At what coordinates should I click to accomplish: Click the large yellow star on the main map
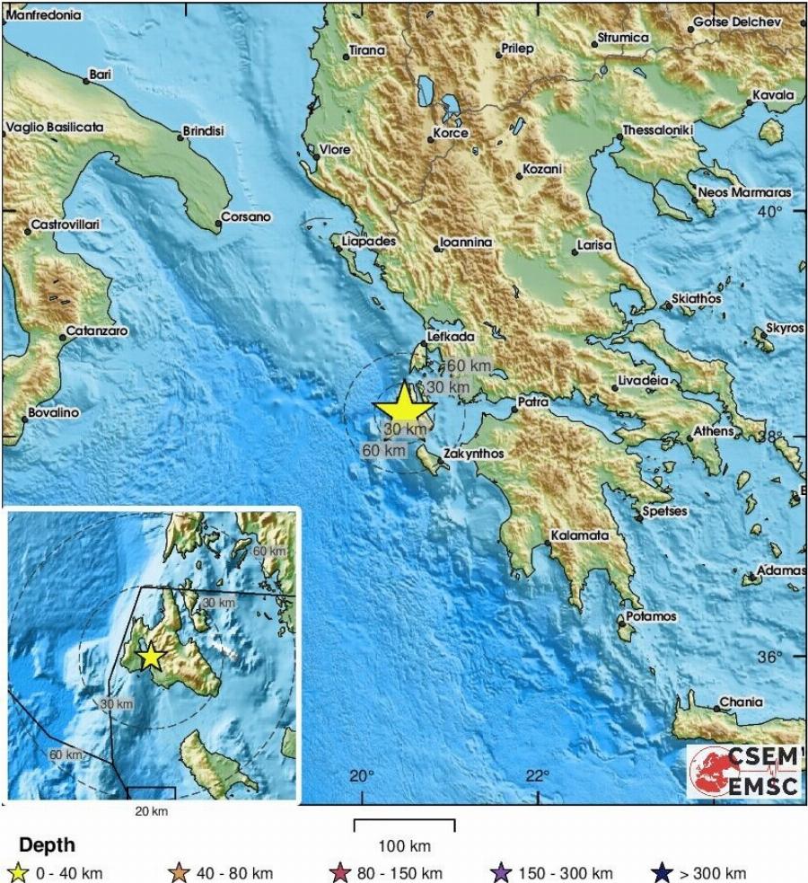click(x=403, y=405)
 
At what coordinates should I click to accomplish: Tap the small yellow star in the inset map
click(x=151, y=657)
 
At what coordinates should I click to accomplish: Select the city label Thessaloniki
click(x=659, y=129)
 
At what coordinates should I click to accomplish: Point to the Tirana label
click(x=366, y=51)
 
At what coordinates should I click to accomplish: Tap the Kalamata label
click(x=579, y=534)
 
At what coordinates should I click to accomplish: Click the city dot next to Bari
click(x=86, y=81)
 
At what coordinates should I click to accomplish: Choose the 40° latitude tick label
click(x=770, y=211)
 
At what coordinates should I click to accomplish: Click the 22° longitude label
click(x=537, y=776)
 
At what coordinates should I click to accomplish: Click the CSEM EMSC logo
click(x=745, y=771)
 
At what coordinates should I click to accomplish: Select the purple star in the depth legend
click(x=500, y=872)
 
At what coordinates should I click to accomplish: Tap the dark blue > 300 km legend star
click(x=662, y=872)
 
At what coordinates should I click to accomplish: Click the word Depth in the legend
click(x=47, y=845)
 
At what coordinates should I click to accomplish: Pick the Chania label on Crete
click(x=742, y=702)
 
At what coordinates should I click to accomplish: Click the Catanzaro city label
click(x=97, y=331)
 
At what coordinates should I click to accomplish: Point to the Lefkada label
click(x=452, y=336)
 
